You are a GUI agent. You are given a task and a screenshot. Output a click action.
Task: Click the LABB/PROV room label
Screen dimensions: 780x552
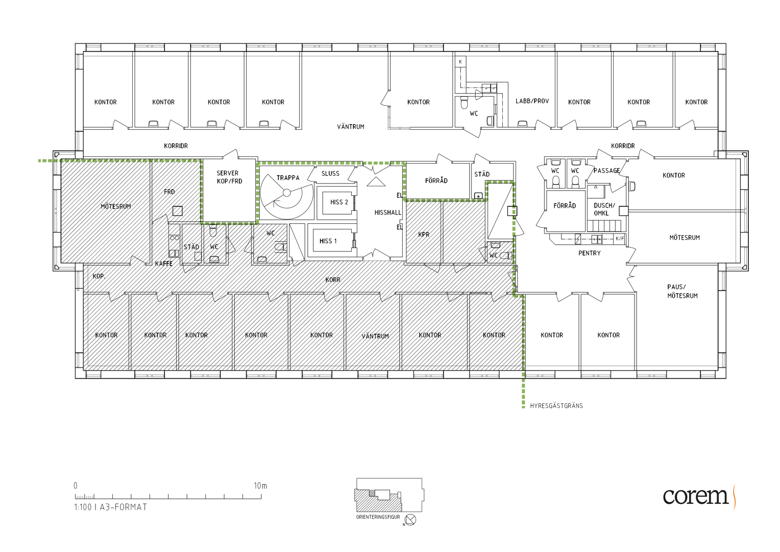pos(532,101)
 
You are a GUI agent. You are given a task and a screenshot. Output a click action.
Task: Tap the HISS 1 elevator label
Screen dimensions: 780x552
pos(328,241)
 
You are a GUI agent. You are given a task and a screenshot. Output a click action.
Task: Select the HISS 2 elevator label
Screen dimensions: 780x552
pos(339,202)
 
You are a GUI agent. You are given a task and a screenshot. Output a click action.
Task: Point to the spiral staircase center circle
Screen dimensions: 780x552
pos(286,193)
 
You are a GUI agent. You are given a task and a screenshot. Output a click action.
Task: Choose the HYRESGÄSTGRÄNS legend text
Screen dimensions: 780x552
pos(556,405)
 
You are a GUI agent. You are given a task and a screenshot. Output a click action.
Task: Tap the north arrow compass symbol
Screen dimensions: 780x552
pos(411,520)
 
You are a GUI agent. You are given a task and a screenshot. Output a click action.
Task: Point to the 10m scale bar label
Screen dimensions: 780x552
pos(260,486)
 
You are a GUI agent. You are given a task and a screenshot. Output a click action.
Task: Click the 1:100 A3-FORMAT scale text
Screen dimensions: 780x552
pos(111,507)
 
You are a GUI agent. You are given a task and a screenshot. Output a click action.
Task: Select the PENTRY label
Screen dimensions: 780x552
pos(590,253)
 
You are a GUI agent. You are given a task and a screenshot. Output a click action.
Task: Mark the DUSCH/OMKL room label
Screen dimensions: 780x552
pos(604,209)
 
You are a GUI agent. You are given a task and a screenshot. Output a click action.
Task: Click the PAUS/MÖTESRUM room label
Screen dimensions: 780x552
pos(682,291)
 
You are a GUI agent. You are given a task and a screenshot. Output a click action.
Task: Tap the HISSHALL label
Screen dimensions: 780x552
pos(388,212)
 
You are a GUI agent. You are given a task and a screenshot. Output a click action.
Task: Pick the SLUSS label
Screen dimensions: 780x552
pos(330,173)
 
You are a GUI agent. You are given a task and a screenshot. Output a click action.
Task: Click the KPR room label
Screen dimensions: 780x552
pos(424,234)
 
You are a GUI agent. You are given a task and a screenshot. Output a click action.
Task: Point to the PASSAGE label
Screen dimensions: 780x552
pos(606,171)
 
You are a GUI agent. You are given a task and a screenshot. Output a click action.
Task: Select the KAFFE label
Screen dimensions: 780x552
pos(164,264)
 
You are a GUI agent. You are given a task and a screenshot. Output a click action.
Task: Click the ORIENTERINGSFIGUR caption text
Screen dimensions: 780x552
pos(378,517)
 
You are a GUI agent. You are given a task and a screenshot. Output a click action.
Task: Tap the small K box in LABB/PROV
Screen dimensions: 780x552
pos(460,62)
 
